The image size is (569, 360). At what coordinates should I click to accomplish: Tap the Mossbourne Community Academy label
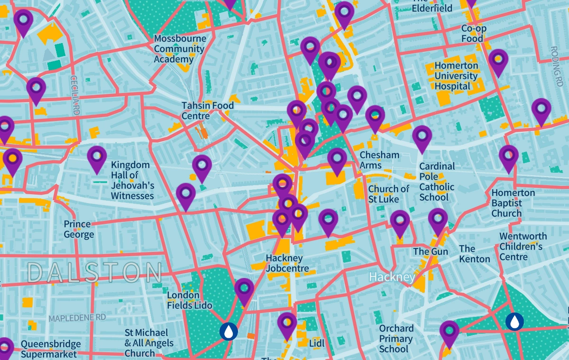pos(180,49)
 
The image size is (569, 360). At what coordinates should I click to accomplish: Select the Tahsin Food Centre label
pos(208,111)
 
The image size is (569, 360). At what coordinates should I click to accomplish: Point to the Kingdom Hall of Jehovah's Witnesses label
pos(132,180)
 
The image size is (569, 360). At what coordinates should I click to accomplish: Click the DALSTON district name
pos(95,273)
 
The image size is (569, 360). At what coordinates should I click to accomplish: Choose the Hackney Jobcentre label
pos(284,263)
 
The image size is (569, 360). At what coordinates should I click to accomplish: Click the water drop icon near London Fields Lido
pos(229,331)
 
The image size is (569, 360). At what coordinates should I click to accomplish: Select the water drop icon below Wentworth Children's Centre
pos(514,321)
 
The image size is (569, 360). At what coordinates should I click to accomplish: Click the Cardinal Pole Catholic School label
pos(437,182)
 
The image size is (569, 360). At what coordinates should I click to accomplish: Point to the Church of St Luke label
pos(388,194)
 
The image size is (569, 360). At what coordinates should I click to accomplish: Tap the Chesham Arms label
pos(379,160)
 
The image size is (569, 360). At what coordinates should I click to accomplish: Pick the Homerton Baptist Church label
pos(513,203)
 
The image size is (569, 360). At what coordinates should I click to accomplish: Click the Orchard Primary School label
pos(396,339)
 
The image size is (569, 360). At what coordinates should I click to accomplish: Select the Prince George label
pos(79,230)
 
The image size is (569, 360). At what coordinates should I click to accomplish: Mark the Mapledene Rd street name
pos(77,318)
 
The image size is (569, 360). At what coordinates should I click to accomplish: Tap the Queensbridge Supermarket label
pos(51,349)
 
